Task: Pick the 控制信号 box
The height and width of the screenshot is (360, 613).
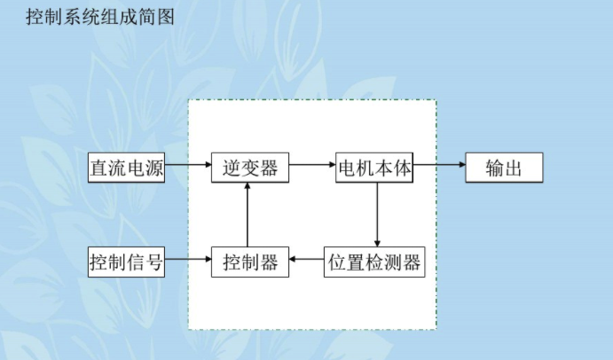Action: pyautogui.click(x=127, y=262)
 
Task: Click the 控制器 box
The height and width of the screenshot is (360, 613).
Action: pyautogui.click(x=250, y=262)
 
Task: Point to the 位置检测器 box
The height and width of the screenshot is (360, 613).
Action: pyautogui.click(x=373, y=262)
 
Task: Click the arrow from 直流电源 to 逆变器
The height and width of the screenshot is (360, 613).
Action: pyautogui.click(x=188, y=165)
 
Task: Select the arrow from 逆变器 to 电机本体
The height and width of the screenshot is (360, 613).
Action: pyautogui.click(x=312, y=165)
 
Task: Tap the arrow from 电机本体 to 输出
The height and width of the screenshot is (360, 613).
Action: pyautogui.click(x=439, y=165)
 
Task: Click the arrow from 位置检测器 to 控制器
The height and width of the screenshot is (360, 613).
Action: pyautogui.click(x=307, y=260)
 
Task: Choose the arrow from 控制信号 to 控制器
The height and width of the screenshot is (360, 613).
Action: pyautogui.click(x=188, y=260)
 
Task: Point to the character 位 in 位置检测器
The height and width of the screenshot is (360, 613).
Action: pyautogui.click(x=337, y=262)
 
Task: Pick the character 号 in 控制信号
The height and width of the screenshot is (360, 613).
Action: pyautogui.click(x=154, y=262)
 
